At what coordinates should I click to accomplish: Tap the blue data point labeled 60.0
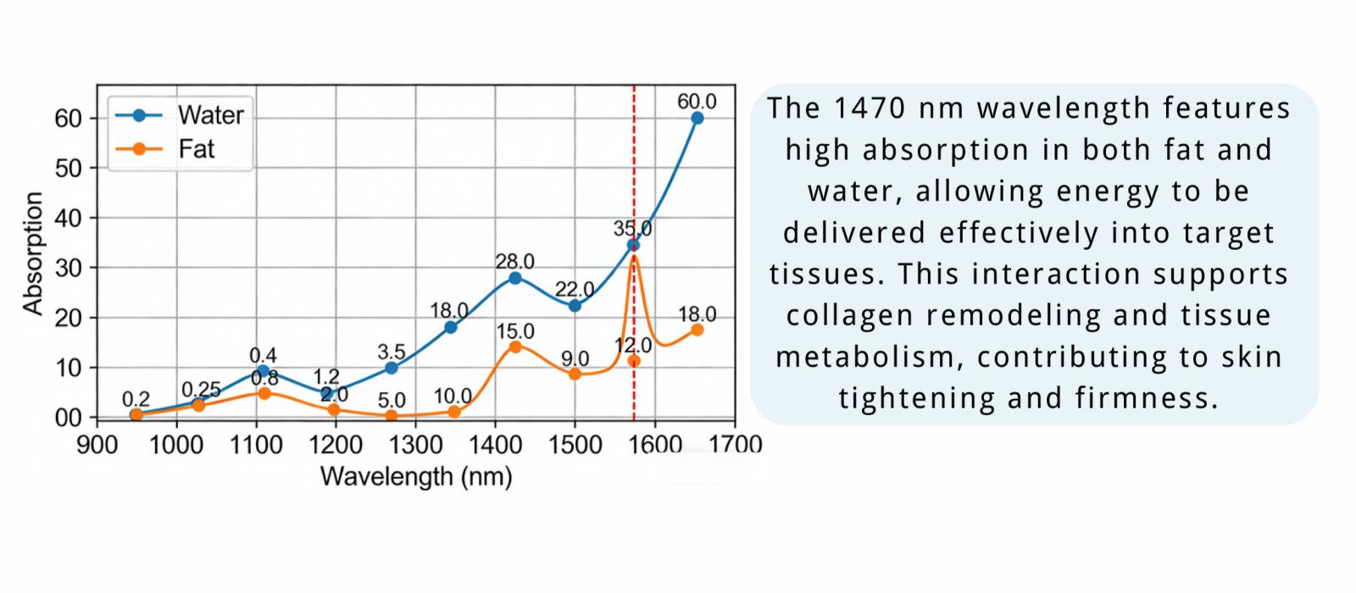tap(697, 118)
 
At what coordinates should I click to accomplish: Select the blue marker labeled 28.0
tap(514, 278)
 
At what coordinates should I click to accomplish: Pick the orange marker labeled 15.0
tap(514, 346)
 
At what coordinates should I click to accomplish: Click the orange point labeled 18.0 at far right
tap(697, 330)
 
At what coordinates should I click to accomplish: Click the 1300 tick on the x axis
tap(415, 445)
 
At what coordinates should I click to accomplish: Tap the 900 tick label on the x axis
tap(97, 445)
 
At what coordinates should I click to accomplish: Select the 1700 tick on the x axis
tap(735, 445)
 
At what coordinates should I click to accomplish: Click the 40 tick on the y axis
tap(68, 218)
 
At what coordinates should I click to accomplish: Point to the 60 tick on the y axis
tap(68, 118)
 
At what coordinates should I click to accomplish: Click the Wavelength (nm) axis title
tap(415, 477)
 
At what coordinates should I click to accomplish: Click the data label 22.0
tap(574, 290)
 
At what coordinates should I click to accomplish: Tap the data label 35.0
tap(632, 228)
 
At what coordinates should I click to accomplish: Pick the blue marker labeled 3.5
tap(391, 368)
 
